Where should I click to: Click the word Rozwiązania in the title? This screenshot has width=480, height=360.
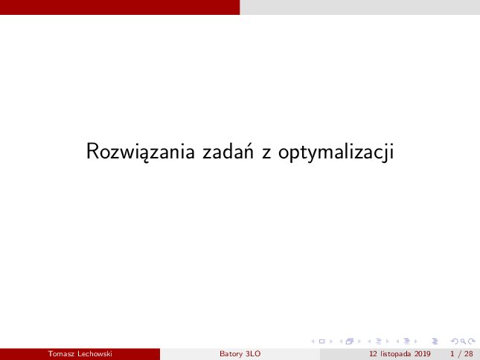[141, 152]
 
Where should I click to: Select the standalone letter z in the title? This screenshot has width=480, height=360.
[266, 153]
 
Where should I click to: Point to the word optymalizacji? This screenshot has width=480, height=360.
[336, 152]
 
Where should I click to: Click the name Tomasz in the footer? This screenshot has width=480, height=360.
[61, 354]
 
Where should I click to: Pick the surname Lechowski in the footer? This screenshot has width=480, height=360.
[95, 354]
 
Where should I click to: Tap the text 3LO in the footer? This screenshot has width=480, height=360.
[253, 354]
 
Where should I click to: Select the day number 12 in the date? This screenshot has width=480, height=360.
[373, 354]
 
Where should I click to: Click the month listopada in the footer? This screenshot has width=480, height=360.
[395, 354]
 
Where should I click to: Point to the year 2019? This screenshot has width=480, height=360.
[423, 354]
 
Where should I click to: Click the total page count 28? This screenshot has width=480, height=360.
[469, 354]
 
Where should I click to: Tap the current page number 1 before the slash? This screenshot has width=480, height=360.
[452, 354]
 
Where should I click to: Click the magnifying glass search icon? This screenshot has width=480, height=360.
[463, 341]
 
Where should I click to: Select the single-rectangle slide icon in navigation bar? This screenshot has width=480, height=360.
[321, 341]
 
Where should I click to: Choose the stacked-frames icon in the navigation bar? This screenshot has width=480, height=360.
[350, 341]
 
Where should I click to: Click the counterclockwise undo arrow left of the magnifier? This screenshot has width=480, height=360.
[455, 341]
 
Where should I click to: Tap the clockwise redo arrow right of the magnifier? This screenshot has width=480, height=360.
[472, 341]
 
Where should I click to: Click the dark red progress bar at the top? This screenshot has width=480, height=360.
[120, 7]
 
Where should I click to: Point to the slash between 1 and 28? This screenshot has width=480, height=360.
[459, 354]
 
